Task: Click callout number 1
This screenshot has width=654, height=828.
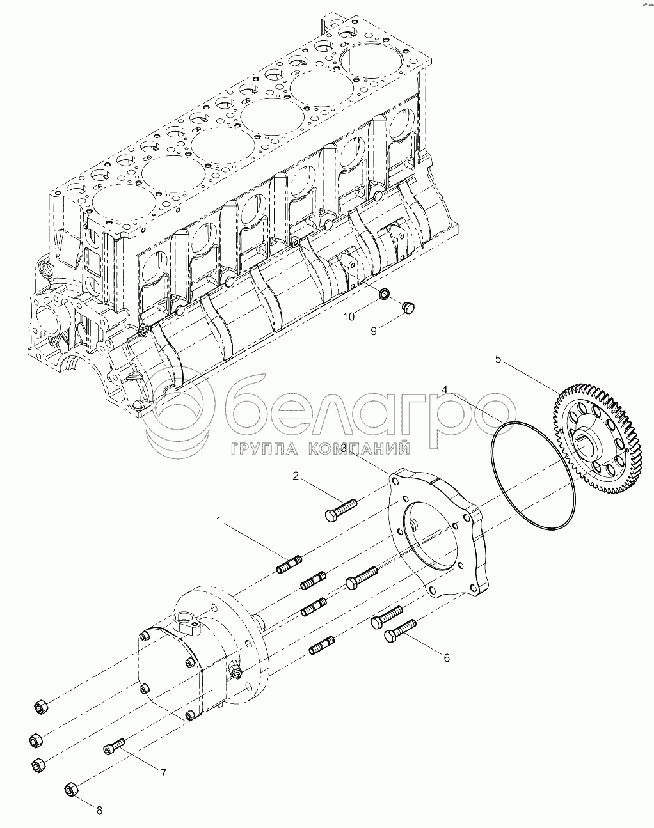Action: [219, 520]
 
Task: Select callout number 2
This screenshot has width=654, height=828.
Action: [296, 476]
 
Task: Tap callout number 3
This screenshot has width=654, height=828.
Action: [344, 448]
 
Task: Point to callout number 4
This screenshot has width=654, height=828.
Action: [445, 389]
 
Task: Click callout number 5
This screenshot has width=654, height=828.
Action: [498, 359]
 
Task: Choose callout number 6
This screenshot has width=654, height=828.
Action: [447, 658]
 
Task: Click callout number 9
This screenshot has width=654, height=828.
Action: [374, 331]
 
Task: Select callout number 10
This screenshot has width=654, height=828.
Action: [349, 316]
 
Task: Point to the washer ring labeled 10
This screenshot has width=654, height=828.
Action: [384, 294]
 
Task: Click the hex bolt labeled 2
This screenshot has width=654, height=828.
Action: [341, 509]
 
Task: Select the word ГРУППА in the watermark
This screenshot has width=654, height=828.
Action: [264, 449]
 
